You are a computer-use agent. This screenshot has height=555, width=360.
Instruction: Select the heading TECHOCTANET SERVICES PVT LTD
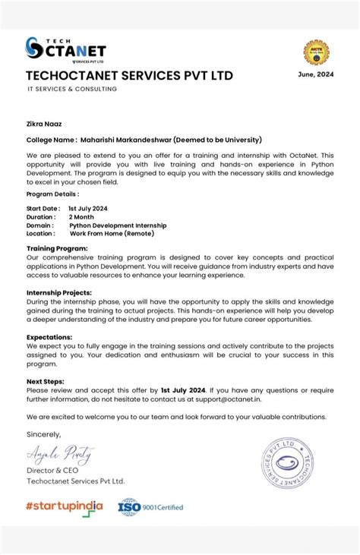click(x=129, y=76)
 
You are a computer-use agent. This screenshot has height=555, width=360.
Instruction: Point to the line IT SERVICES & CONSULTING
click(x=72, y=89)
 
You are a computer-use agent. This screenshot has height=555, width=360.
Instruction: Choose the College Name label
click(x=52, y=140)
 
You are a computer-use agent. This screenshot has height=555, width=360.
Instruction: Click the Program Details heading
click(x=52, y=194)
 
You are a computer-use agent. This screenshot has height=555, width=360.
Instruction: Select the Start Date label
click(x=43, y=208)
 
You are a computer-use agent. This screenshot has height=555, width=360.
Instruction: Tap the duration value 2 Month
click(x=81, y=216)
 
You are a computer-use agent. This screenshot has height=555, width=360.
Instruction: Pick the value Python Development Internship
click(x=118, y=225)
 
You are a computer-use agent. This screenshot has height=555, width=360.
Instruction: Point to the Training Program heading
click(x=58, y=248)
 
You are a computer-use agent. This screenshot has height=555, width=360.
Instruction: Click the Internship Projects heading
click(x=59, y=292)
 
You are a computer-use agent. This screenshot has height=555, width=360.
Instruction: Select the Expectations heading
click(x=49, y=336)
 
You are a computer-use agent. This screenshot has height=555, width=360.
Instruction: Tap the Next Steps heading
click(x=46, y=381)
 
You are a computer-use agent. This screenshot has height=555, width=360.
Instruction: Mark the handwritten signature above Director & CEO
click(x=61, y=455)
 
